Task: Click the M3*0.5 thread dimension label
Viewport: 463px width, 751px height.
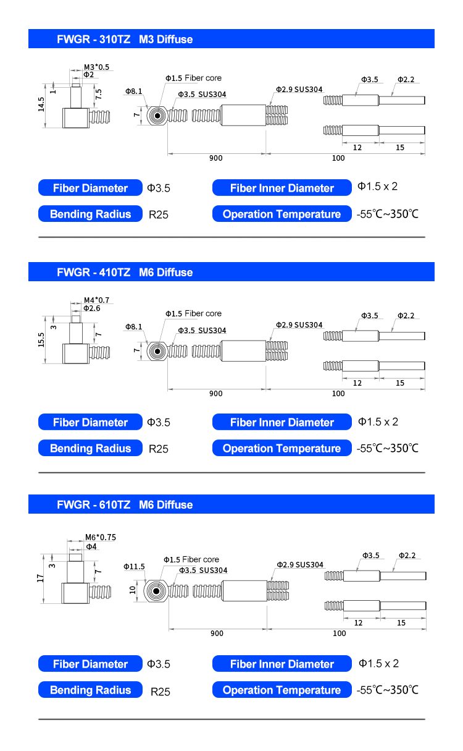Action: [96, 67]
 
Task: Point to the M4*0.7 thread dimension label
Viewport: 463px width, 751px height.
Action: [96, 300]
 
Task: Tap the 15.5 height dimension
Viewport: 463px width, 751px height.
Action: [41, 339]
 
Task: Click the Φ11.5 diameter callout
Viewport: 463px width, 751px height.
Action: [134, 566]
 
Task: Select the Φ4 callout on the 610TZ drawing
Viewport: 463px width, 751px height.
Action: [91, 546]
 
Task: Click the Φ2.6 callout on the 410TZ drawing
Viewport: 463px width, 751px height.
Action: [92, 308]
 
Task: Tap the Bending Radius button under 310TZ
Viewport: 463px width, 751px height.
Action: [91, 214]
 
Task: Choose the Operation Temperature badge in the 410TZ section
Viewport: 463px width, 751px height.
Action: [282, 449]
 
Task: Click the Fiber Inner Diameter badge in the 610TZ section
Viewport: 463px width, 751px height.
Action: [282, 664]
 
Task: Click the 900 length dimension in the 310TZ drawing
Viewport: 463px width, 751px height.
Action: [215, 158]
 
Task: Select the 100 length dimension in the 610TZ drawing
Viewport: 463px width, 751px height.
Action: [340, 633]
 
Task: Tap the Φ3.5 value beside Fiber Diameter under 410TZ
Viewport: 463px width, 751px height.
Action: [159, 423]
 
